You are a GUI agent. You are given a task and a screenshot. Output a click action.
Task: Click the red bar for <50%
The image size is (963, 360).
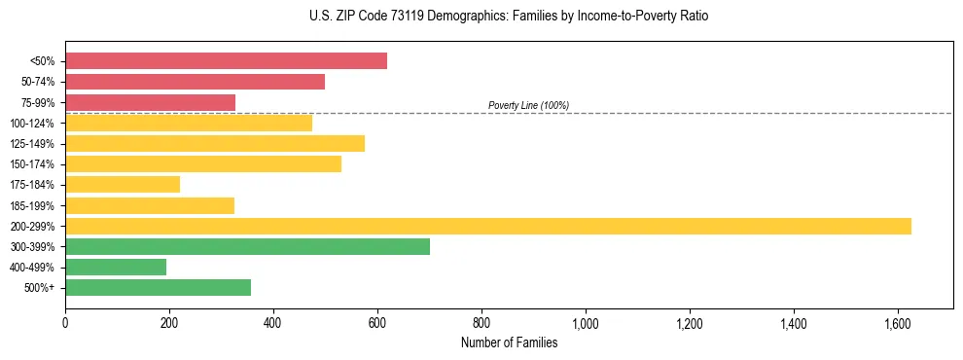(x=226, y=61)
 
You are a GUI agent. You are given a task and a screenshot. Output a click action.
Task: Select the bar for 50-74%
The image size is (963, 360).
(x=195, y=82)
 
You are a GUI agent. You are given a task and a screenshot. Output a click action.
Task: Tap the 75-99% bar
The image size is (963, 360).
(x=150, y=102)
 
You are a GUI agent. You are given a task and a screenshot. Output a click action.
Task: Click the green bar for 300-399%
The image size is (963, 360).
(x=247, y=246)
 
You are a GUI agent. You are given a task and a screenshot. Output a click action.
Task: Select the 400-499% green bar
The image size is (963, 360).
(x=116, y=267)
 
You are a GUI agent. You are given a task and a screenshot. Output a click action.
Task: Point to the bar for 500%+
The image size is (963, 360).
(x=158, y=287)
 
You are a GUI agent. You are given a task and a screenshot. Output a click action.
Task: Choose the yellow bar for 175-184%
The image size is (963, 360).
(x=123, y=184)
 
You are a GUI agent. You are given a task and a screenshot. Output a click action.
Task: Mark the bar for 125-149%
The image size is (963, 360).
(x=215, y=143)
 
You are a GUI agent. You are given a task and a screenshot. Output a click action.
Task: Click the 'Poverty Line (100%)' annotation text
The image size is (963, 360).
(x=528, y=105)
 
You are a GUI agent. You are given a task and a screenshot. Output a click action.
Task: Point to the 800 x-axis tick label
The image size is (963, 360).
(x=481, y=323)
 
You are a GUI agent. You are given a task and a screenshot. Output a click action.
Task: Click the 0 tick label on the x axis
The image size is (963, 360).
(x=65, y=323)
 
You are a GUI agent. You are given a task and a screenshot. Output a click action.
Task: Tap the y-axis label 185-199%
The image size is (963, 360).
(x=32, y=205)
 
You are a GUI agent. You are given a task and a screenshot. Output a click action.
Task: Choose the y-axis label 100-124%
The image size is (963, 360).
(x=32, y=123)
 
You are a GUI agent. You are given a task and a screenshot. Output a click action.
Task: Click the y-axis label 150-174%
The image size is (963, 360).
(x=32, y=164)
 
